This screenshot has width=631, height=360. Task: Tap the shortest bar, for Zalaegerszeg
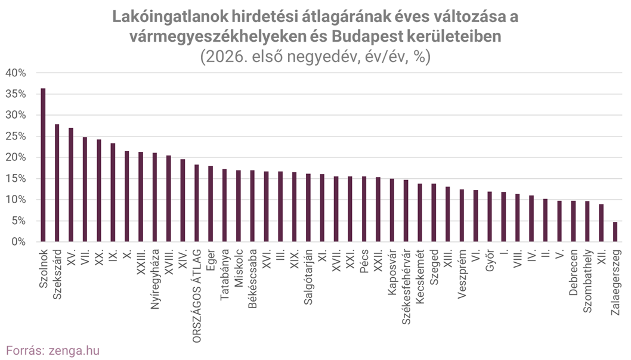coord(615,232)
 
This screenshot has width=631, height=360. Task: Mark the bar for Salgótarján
coord(308,208)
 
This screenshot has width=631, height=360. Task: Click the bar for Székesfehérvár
coord(406,211)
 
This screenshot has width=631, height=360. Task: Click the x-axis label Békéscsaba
coord(253,276)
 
